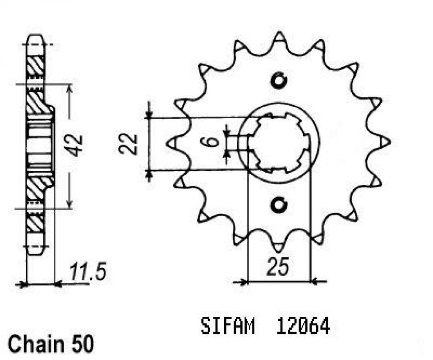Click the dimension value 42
76,145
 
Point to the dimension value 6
216,144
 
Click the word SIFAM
228,326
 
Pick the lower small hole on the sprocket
278,205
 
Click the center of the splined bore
278,143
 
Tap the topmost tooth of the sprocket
280,36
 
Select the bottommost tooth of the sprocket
278,247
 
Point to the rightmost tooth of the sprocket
386,142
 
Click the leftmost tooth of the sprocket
172,143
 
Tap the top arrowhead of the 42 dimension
69,88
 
